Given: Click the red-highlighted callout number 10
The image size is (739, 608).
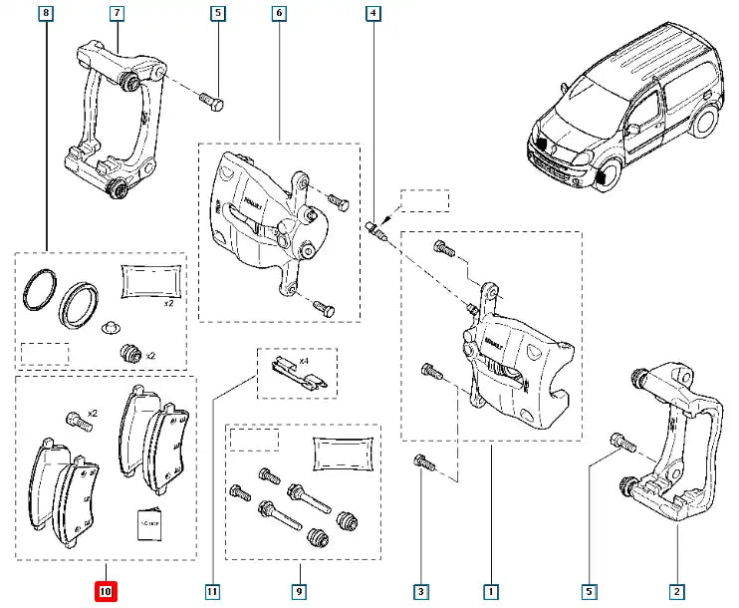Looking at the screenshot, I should pyautogui.click(x=105, y=592).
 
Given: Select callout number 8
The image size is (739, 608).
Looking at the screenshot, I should pyautogui.click(x=45, y=14).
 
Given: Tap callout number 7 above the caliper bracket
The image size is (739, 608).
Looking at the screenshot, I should pyautogui.click(x=117, y=14).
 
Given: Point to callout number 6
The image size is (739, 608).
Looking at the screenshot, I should pyautogui.click(x=278, y=14).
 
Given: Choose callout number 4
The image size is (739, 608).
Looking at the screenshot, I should pyautogui.click(x=372, y=14).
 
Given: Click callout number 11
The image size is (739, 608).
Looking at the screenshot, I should pyautogui.click(x=212, y=592).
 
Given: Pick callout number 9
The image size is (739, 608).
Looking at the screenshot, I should pyautogui.click(x=298, y=592).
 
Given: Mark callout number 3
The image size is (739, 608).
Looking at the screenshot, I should pyautogui.click(x=421, y=592).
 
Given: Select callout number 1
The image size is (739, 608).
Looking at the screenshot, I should pyautogui.click(x=491, y=592).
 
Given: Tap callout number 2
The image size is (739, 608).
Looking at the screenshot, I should pyautogui.click(x=676, y=592).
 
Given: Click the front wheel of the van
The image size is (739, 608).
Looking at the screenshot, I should pyautogui.click(x=600, y=176).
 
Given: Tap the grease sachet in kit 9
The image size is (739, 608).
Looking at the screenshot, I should pyautogui.click(x=344, y=453).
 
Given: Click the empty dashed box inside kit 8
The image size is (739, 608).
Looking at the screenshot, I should pyautogui.click(x=45, y=353).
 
